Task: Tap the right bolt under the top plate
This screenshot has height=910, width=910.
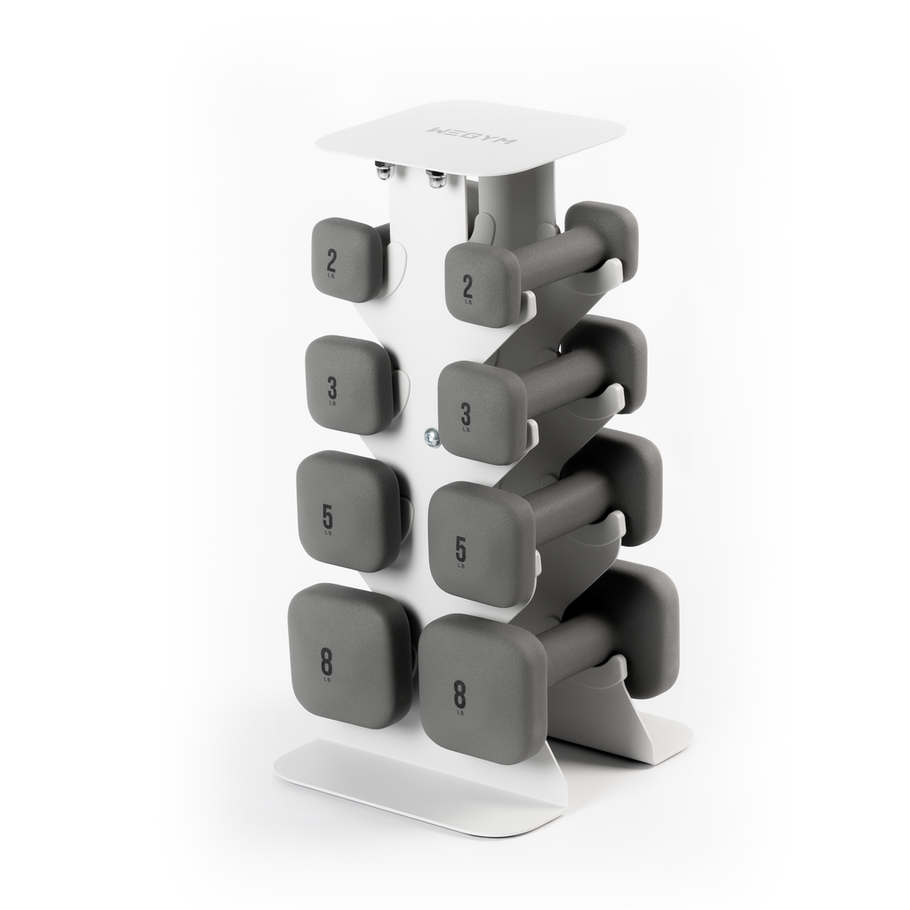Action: coord(436,177)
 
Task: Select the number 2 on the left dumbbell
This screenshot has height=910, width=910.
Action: coord(331,260)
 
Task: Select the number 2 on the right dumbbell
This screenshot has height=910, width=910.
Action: coord(467,285)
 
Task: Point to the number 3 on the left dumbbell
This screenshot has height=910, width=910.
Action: coord(331,387)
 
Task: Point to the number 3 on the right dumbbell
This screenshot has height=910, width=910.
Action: coord(465,413)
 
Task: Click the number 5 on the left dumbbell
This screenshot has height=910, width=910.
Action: coord(327,515)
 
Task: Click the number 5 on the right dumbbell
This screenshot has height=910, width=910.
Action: coord(460,549)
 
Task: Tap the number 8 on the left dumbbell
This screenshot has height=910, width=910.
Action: coord(326,661)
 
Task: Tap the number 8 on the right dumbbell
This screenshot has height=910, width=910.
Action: coord(459,693)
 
